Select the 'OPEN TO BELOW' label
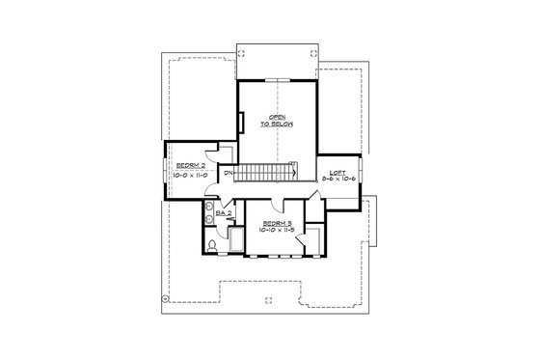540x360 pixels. point(280,121)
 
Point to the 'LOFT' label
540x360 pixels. point(337,172)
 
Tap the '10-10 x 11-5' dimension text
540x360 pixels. point(276,231)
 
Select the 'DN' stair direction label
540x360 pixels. point(228,174)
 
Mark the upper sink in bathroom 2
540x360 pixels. point(207,208)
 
